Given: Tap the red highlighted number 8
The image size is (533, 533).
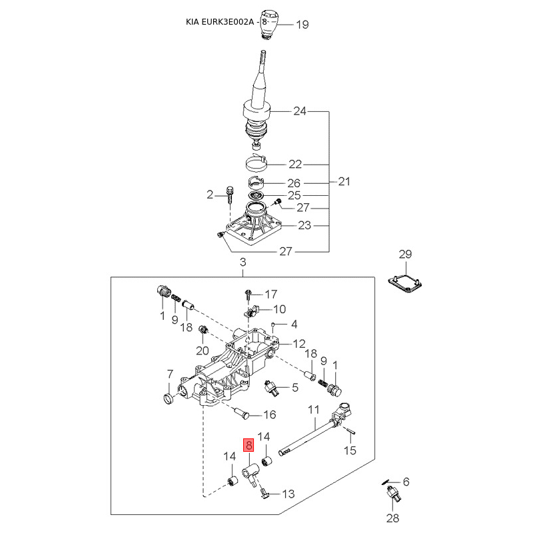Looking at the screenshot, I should click(x=249, y=446).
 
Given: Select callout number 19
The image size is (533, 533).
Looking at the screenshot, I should click(x=302, y=25).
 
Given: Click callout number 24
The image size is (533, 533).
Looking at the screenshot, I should click(x=300, y=111).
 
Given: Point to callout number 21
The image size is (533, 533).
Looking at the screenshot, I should click(x=344, y=181).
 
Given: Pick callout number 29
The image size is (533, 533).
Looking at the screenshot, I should click(x=405, y=254).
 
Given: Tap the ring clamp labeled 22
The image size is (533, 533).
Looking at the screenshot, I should click(x=257, y=162).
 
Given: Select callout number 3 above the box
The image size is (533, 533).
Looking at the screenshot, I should click(x=243, y=263).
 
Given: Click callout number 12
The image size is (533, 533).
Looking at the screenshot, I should click(x=299, y=344).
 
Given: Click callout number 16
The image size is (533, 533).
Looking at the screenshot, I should click(x=269, y=414).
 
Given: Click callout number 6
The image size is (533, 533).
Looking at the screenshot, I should click(x=406, y=482).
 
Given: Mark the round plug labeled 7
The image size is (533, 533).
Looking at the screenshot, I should click(x=168, y=398).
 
